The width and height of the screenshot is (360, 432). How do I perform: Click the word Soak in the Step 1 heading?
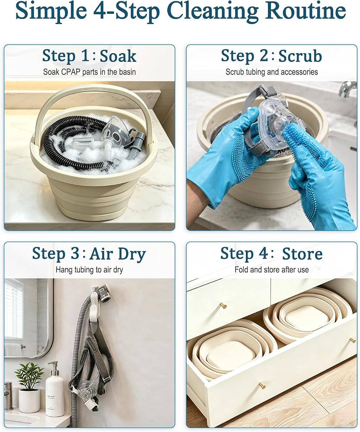[118, 56]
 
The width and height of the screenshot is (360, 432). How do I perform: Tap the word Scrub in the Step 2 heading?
[300, 56]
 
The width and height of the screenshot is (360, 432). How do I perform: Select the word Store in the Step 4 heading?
[302, 254]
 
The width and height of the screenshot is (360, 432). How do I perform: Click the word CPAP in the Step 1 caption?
[71, 72]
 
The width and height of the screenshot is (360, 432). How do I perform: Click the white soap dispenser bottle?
[55, 388]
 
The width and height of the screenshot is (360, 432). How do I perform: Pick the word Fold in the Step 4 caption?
[241, 270]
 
